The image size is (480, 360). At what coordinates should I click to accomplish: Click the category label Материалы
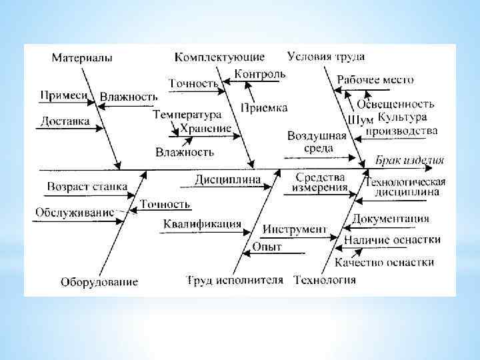81,58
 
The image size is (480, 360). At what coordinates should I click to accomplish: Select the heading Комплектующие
220,57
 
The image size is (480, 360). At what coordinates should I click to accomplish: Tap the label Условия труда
327,56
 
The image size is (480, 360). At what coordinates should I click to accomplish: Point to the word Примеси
64,96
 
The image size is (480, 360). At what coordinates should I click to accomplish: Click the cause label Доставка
65,121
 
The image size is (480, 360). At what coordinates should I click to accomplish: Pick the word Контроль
261,74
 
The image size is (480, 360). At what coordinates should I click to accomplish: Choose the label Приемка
264,107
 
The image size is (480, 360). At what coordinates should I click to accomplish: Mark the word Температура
186,115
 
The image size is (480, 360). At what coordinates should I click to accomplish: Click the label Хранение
206,128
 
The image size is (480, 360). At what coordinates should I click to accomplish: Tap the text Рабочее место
375,79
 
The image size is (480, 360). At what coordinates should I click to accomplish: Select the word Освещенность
395,104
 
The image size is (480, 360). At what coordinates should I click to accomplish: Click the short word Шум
357,120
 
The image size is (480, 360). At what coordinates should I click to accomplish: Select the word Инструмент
294,230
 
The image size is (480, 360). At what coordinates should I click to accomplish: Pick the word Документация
391,219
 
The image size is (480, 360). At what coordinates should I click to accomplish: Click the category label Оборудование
99,282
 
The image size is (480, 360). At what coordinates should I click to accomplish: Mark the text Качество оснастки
384,262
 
